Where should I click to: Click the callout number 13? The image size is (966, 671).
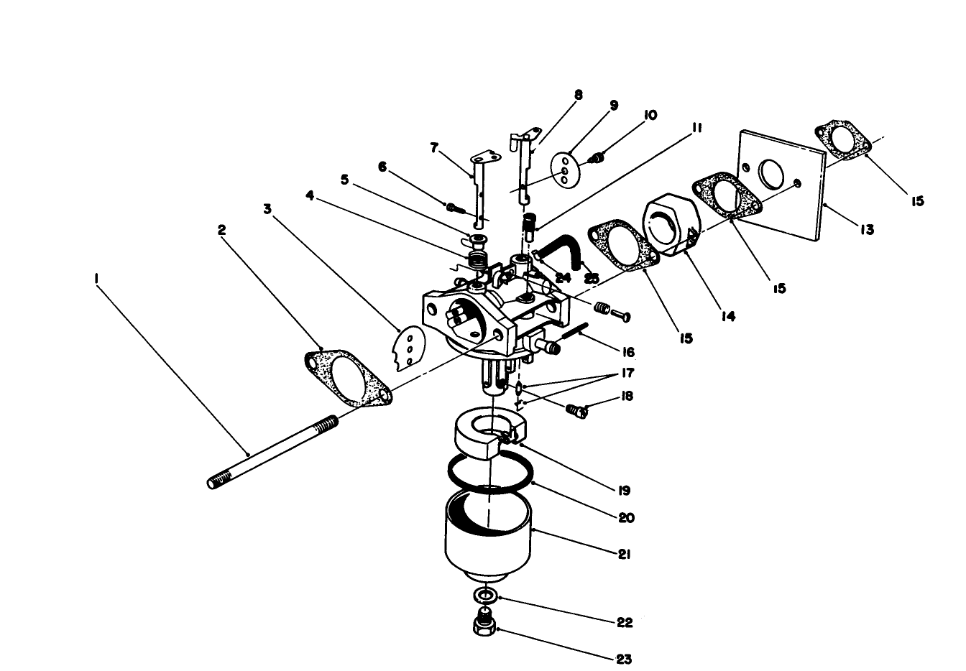coord(867,230)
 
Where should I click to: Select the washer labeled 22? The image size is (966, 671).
coord(485,596)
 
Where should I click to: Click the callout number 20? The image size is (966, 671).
coord(626,517)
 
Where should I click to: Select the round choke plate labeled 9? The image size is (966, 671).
coord(566,170)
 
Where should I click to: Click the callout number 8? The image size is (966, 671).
coord(578,94)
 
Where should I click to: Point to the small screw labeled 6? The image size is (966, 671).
coord(453,208)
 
